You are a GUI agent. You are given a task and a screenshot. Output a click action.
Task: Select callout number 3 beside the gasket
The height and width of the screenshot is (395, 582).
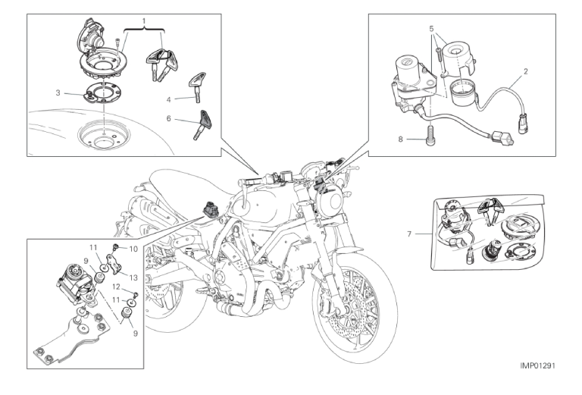[58, 92]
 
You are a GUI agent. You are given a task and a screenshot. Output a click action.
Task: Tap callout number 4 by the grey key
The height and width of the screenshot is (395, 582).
[170, 99]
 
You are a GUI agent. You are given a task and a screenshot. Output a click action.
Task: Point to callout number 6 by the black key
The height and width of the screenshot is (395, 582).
[170, 119]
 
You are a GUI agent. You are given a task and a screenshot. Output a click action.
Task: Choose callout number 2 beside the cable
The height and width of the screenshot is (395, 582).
[525, 73]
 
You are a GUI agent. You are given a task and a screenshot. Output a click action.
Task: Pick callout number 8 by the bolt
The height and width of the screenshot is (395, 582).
[400, 140]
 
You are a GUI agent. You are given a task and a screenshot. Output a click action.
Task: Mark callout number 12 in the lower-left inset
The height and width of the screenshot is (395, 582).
[117, 287]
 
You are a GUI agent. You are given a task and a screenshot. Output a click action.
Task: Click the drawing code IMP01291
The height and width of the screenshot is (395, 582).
[544, 365]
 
